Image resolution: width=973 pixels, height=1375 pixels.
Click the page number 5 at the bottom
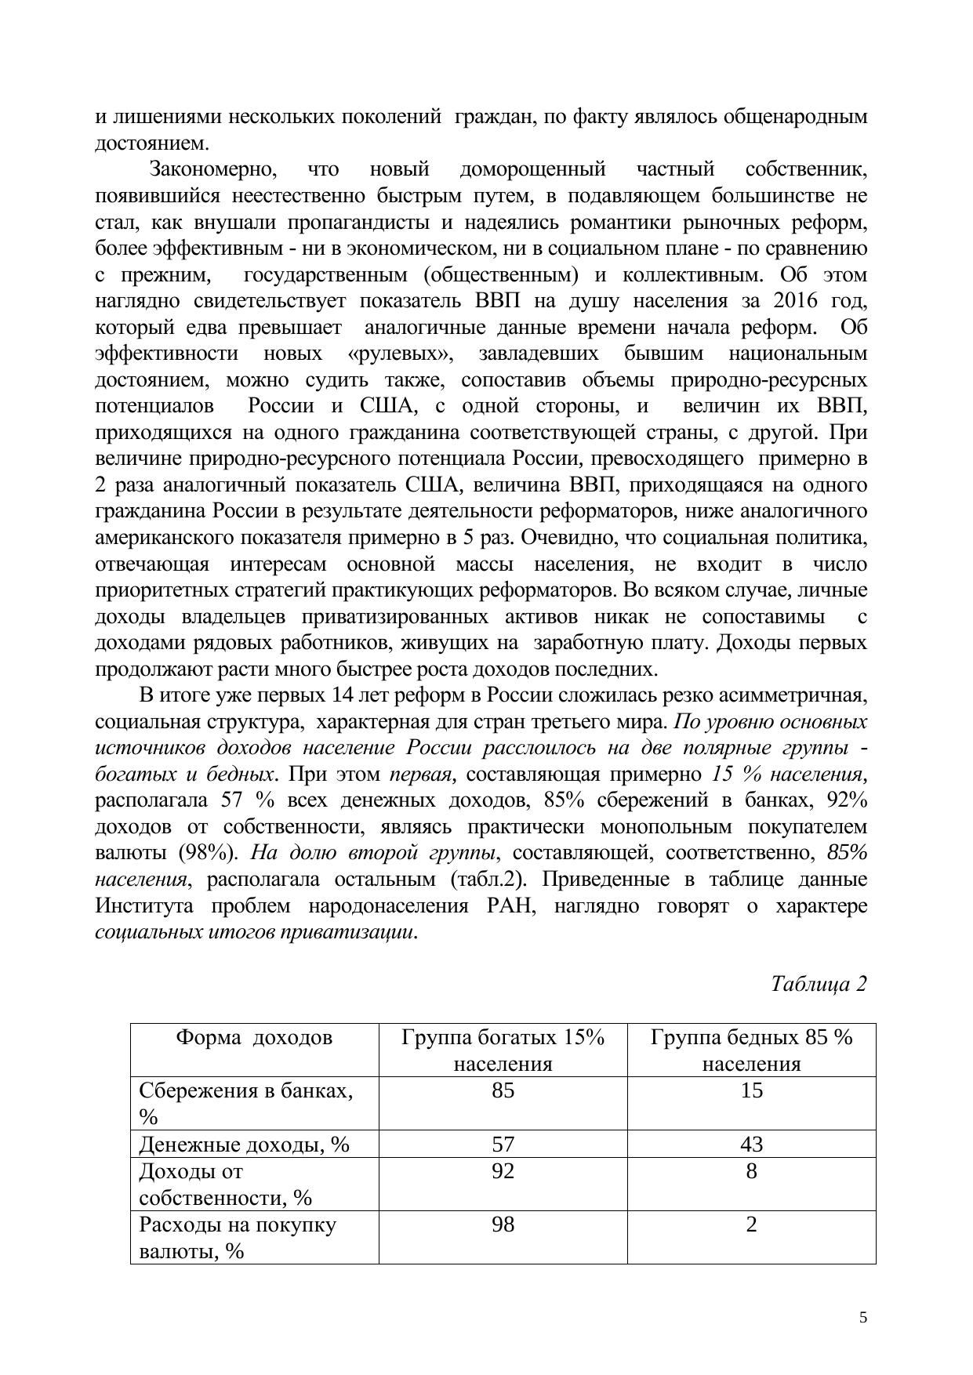863,1317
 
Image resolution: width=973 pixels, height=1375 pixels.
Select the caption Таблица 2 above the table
819,984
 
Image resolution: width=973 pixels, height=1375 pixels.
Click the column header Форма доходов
254,1038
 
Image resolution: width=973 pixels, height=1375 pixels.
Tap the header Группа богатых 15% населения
503,1050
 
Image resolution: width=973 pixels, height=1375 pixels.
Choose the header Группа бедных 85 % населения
751,1050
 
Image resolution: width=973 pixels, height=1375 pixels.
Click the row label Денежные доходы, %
244,1145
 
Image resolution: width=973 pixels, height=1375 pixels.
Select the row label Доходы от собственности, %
225,1185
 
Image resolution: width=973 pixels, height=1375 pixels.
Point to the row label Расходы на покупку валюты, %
237,1238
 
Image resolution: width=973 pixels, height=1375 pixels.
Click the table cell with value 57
503,1145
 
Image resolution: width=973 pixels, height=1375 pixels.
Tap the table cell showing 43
751,1145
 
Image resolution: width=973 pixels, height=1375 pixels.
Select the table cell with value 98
503,1225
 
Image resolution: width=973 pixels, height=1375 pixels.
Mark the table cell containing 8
751,1172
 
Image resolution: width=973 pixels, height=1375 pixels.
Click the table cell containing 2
751,1225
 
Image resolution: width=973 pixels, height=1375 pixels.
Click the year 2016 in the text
796,301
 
